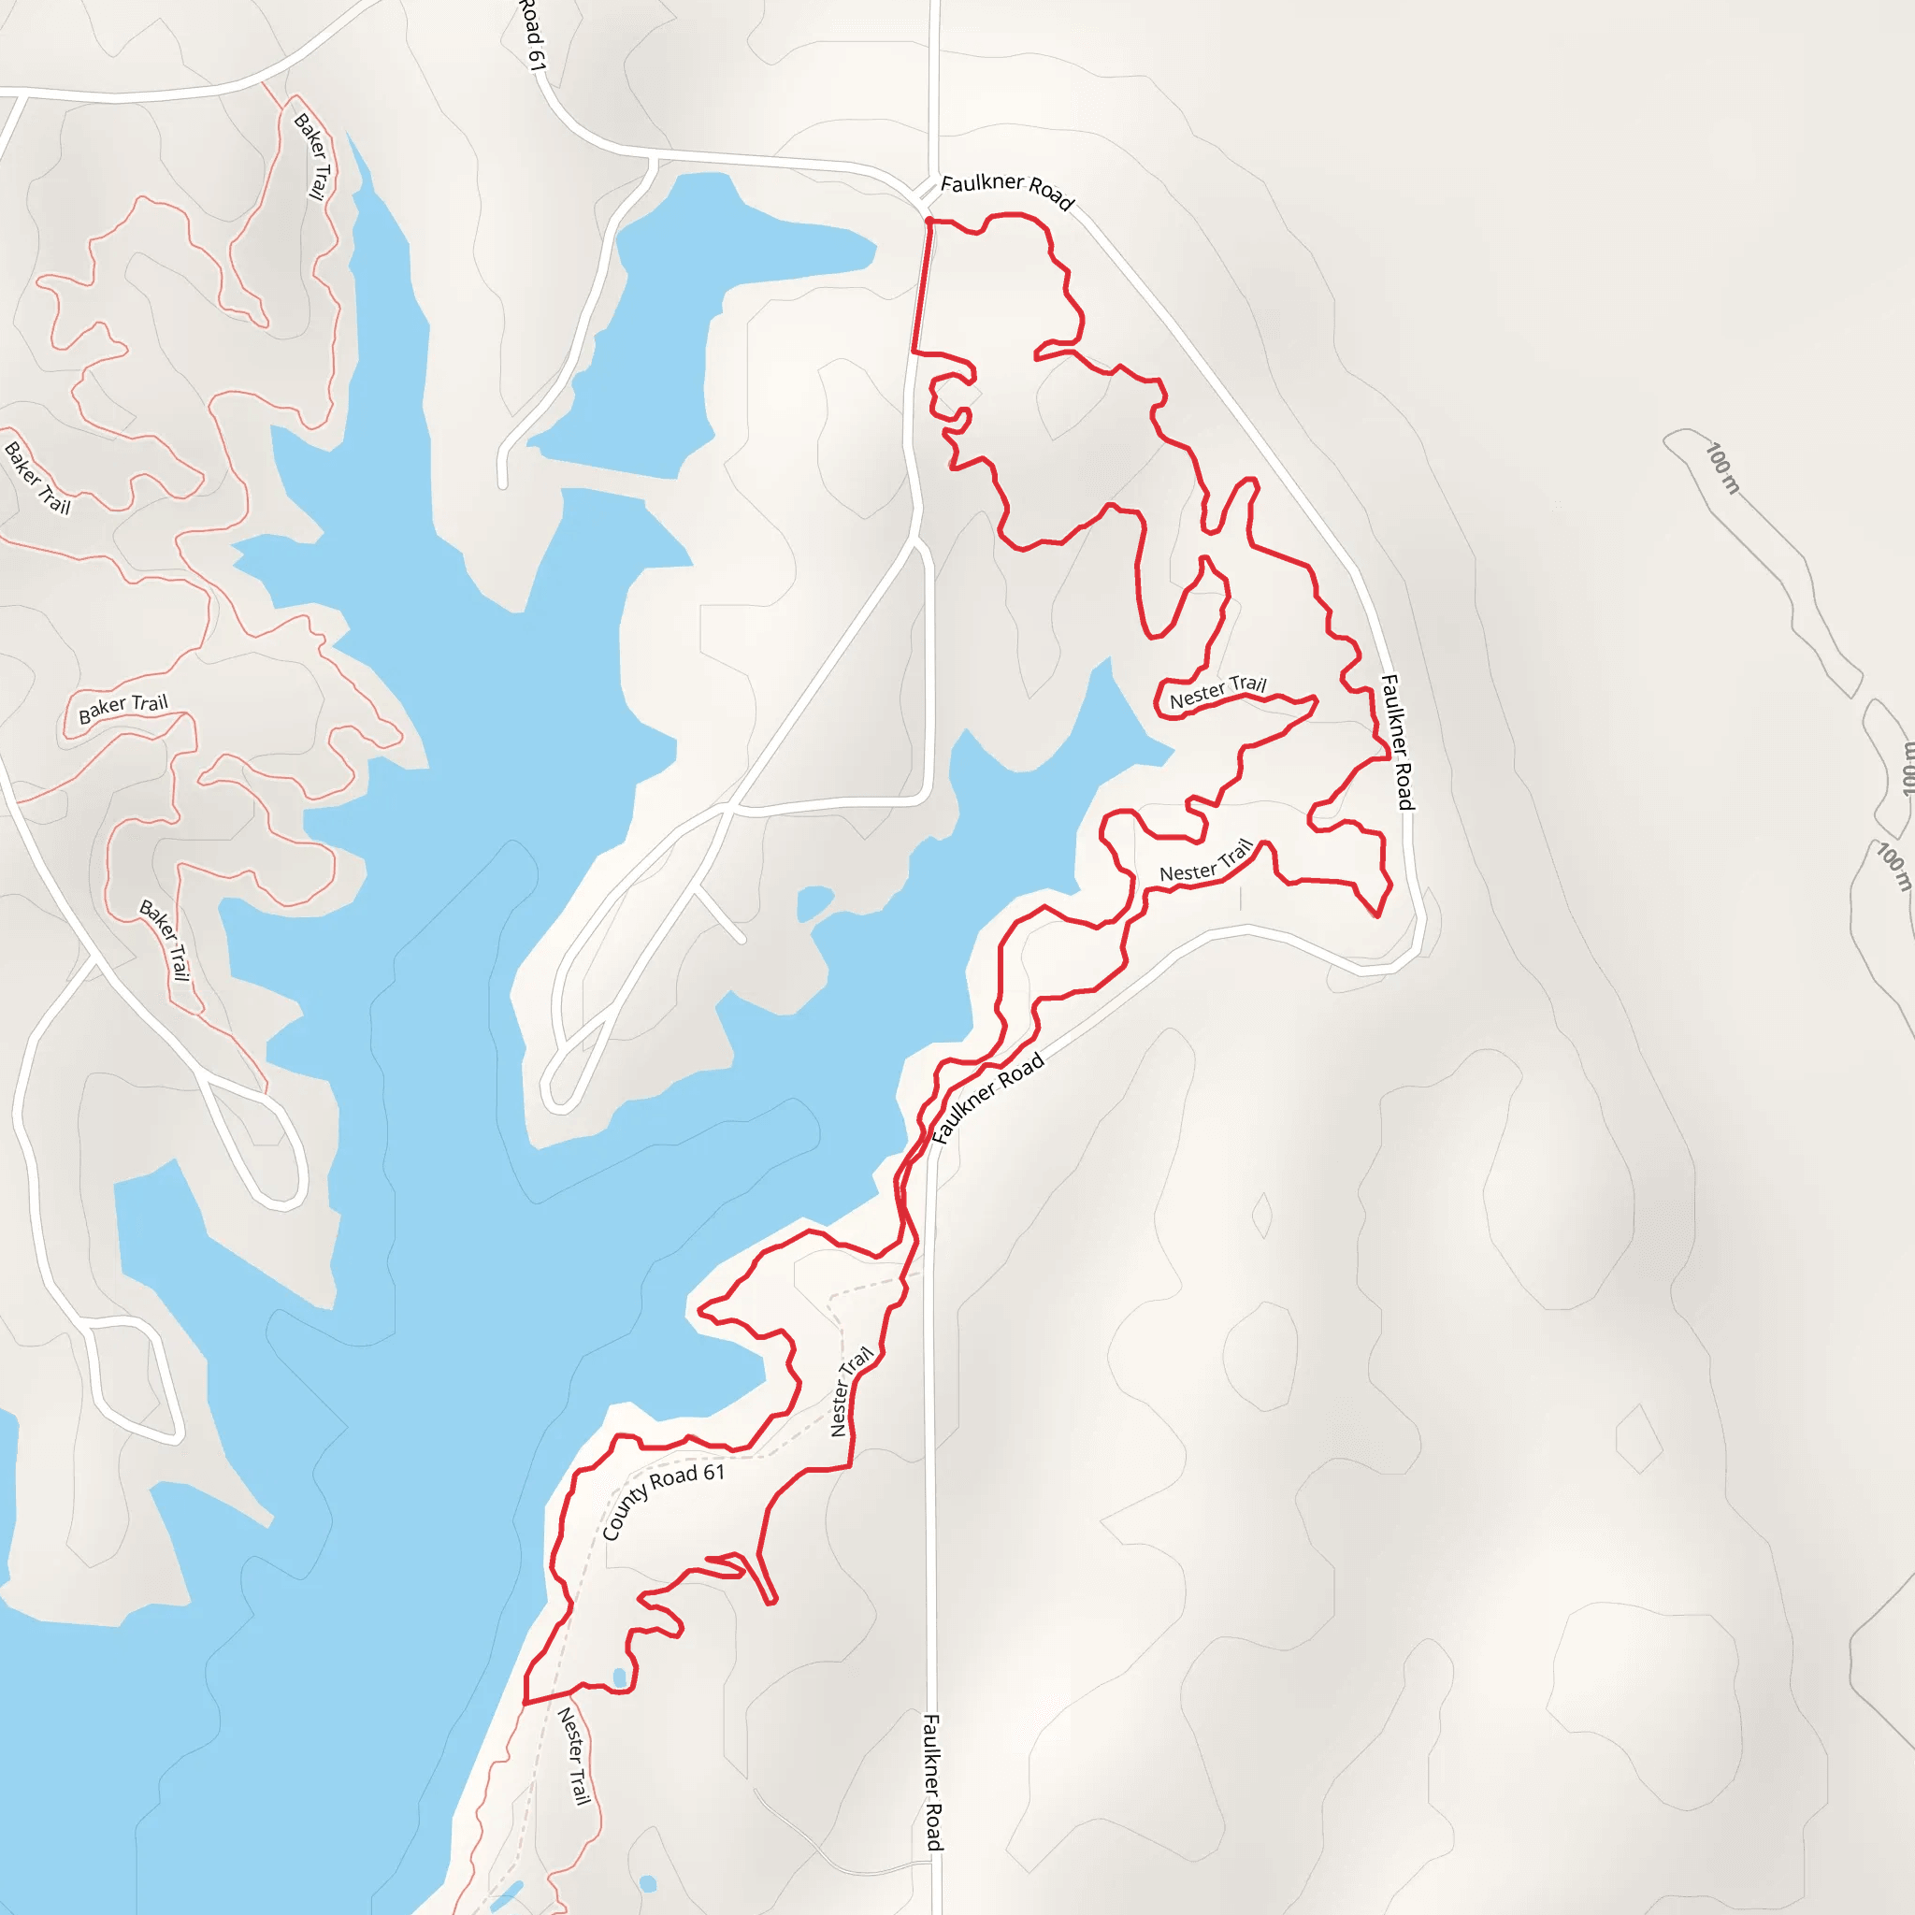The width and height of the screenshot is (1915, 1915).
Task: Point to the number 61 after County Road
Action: [x=713, y=1473]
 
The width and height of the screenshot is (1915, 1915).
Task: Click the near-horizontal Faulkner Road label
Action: [x=1006, y=191]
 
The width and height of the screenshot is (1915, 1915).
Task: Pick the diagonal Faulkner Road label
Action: [x=988, y=1097]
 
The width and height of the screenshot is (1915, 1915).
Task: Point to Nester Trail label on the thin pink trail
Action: [x=574, y=1755]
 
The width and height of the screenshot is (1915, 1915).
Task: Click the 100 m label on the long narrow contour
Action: [x=1722, y=468]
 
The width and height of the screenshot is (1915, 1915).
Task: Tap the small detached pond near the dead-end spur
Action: [x=814, y=901]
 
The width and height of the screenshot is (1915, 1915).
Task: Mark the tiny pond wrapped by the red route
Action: [x=621, y=1677]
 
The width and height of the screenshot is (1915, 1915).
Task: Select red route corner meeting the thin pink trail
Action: [x=524, y=1703]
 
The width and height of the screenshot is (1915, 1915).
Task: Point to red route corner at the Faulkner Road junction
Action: [x=928, y=220]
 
